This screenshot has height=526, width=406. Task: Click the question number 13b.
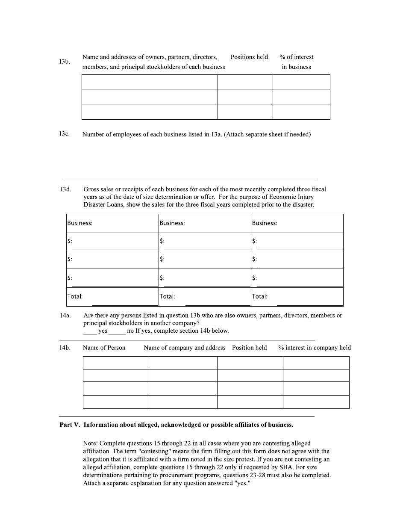pos(65,62)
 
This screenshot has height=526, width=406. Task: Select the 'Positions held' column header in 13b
pos(249,57)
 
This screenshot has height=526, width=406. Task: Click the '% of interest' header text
pos(296,57)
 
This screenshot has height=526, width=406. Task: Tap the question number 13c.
pos(65,134)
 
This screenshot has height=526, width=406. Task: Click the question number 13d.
pos(65,189)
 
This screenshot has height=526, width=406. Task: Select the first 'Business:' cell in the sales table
pos(112,223)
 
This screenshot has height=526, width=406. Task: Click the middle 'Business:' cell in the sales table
pos(205,223)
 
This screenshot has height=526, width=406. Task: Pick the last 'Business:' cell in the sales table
pos(297,223)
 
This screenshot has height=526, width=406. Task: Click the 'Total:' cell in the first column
pos(112,296)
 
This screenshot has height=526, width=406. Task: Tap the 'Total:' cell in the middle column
pos(205,296)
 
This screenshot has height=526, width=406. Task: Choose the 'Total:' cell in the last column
pos(297,296)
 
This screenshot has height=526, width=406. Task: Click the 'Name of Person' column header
pos(104,348)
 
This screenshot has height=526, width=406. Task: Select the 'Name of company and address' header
pos(185,348)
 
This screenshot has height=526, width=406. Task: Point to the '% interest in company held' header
pos(315,348)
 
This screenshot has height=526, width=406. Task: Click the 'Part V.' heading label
pos(70,425)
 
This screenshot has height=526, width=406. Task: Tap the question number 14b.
pos(65,348)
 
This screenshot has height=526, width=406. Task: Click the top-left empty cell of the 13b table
pos(150,82)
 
